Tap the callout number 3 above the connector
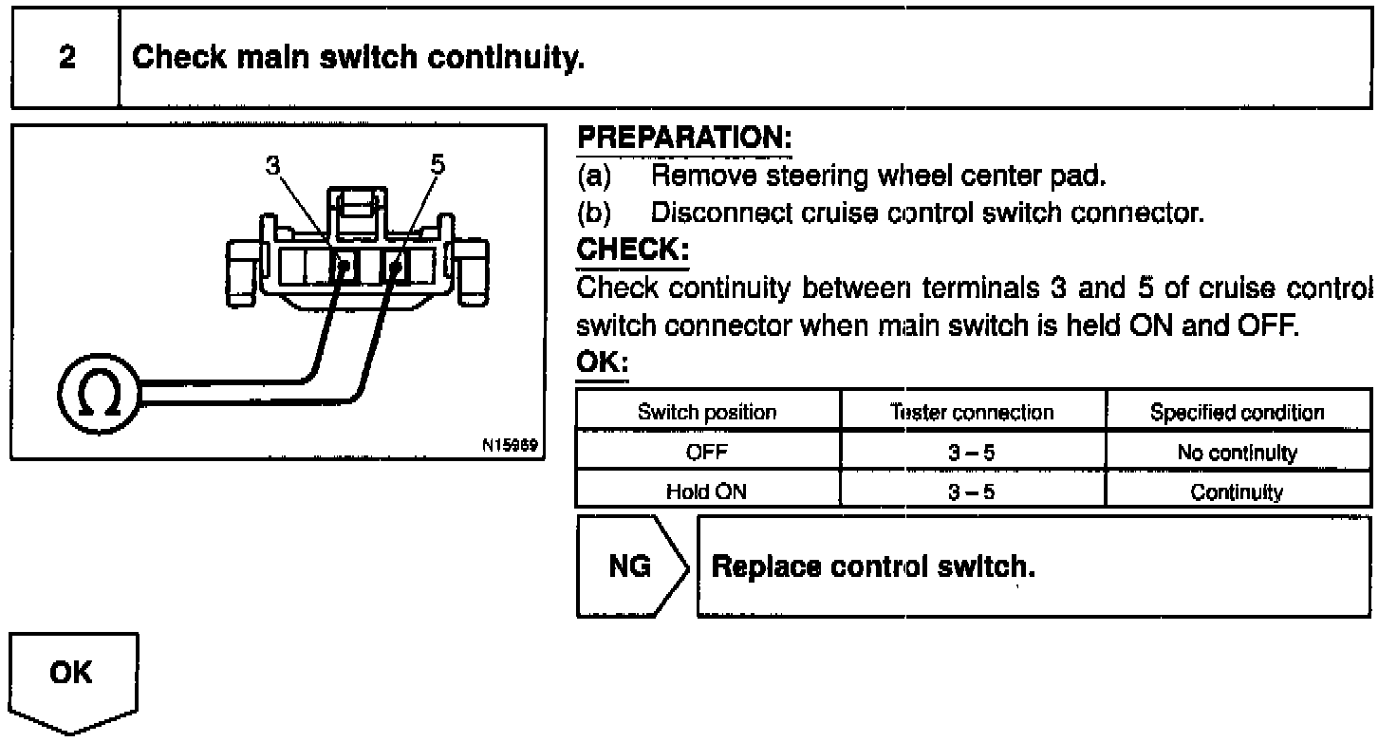[273, 165]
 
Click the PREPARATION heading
[684, 139]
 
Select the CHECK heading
[632, 250]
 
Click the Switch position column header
[707, 413]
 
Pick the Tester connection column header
[972, 413]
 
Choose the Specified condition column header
[1237, 413]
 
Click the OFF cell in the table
[707, 453]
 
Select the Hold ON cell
[707, 492]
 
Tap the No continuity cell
[1237, 453]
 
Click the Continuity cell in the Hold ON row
[1237, 492]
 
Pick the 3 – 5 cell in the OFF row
[972, 453]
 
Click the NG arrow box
[630, 566]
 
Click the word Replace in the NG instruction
[766, 566]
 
